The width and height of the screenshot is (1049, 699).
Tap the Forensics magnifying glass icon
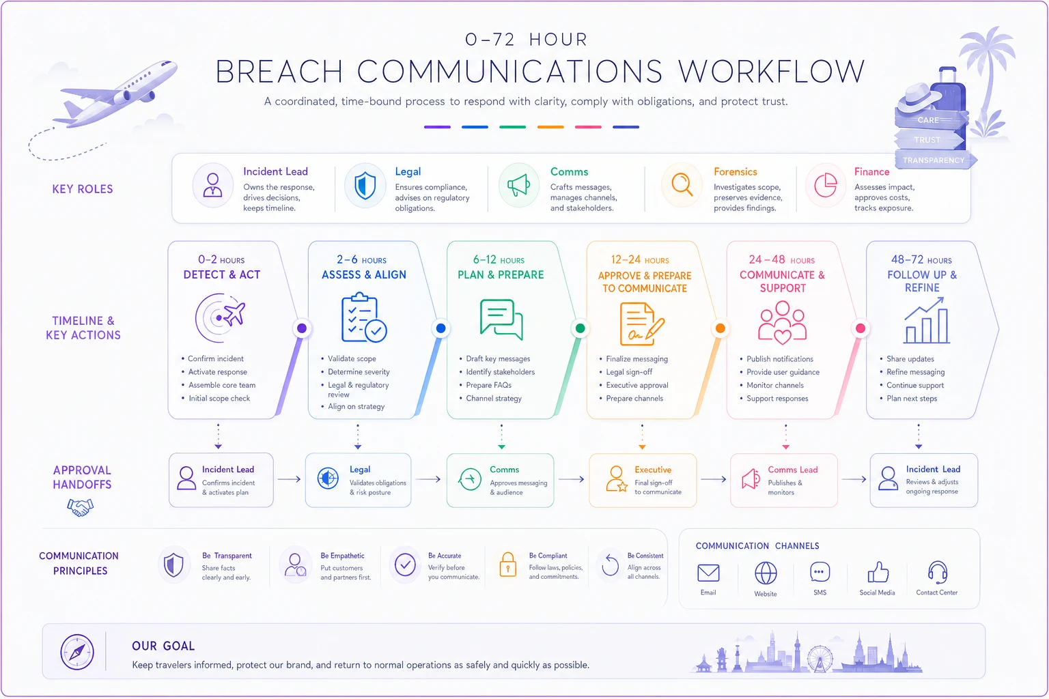pyautogui.click(x=682, y=184)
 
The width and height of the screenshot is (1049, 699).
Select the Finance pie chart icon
pyautogui.click(x=825, y=184)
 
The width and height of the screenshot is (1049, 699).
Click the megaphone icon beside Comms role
pyautogui.click(x=518, y=185)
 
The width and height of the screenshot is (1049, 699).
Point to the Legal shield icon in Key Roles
pyautogui.click(x=365, y=186)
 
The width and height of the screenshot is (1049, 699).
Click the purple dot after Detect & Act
pyautogui.click(x=302, y=328)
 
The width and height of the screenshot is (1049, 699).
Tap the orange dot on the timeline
pyautogui.click(x=721, y=328)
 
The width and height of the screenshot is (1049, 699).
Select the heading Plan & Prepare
pyautogui.click(x=501, y=275)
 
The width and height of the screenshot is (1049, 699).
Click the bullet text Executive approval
pyautogui.click(x=637, y=385)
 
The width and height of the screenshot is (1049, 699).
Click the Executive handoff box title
pyautogui.click(x=653, y=470)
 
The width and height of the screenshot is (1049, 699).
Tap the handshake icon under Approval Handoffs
pyautogui.click(x=80, y=507)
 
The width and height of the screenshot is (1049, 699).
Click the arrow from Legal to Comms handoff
pyautogui.click(x=428, y=479)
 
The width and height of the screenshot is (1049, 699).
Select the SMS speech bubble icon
pyautogui.click(x=820, y=572)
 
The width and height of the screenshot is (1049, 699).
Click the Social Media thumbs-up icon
pyautogui.click(x=877, y=572)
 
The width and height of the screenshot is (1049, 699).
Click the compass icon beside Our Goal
pyautogui.click(x=76, y=652)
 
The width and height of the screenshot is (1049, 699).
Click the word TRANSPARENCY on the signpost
pyautogui.click(x=934, y=160)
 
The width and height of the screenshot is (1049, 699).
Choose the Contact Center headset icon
pyautogui.click(x=938, y=572)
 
